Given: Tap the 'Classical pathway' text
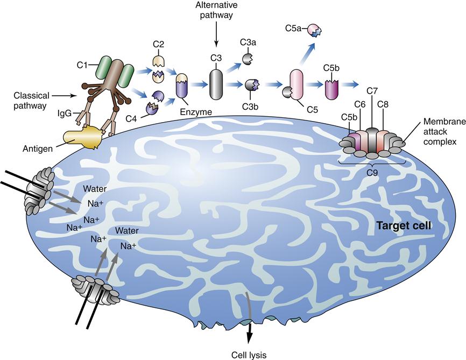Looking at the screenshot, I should (30, 100).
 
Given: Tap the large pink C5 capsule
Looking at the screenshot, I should (298, 84).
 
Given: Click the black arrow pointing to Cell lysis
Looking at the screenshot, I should (249, 326).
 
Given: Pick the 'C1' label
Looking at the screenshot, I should (82, 66).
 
